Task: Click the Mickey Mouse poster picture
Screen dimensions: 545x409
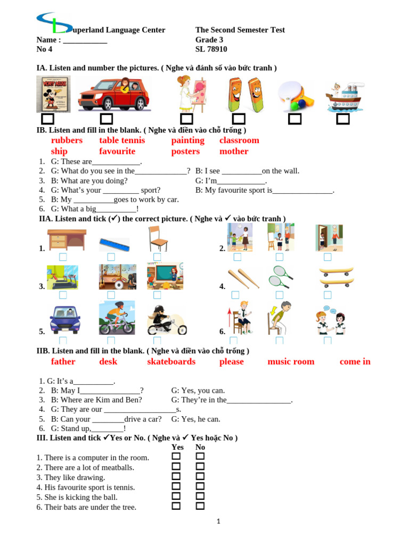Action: click(x=53, y=94)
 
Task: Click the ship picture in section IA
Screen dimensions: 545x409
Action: click(x=343, y=96)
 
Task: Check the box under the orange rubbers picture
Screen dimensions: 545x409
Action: click(x=239, y=119)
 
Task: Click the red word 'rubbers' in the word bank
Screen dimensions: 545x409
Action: click(x=67, y=141)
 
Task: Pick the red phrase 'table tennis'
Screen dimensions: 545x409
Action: click(x=122, y=141)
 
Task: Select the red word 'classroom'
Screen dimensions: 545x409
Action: click(x=239, y=141)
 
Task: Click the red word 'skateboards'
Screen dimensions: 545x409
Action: click(x=171, y=362)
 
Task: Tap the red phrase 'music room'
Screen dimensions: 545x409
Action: click(x=291, y=362)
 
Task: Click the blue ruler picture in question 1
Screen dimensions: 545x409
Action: click(x=114, y=245)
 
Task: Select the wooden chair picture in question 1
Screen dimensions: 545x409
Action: click(x=158, y=238)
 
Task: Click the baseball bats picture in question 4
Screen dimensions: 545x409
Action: click(x=243, y=278)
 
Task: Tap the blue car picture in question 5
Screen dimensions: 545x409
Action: click(x=64, y=319)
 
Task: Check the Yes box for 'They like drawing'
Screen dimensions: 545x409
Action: click(x=176, y=476)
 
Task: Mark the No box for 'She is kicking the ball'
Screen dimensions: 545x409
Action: click(x=200, y=497)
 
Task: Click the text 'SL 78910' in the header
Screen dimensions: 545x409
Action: click(x=211, y=49)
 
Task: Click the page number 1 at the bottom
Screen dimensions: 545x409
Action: click(x=218, y=522)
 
